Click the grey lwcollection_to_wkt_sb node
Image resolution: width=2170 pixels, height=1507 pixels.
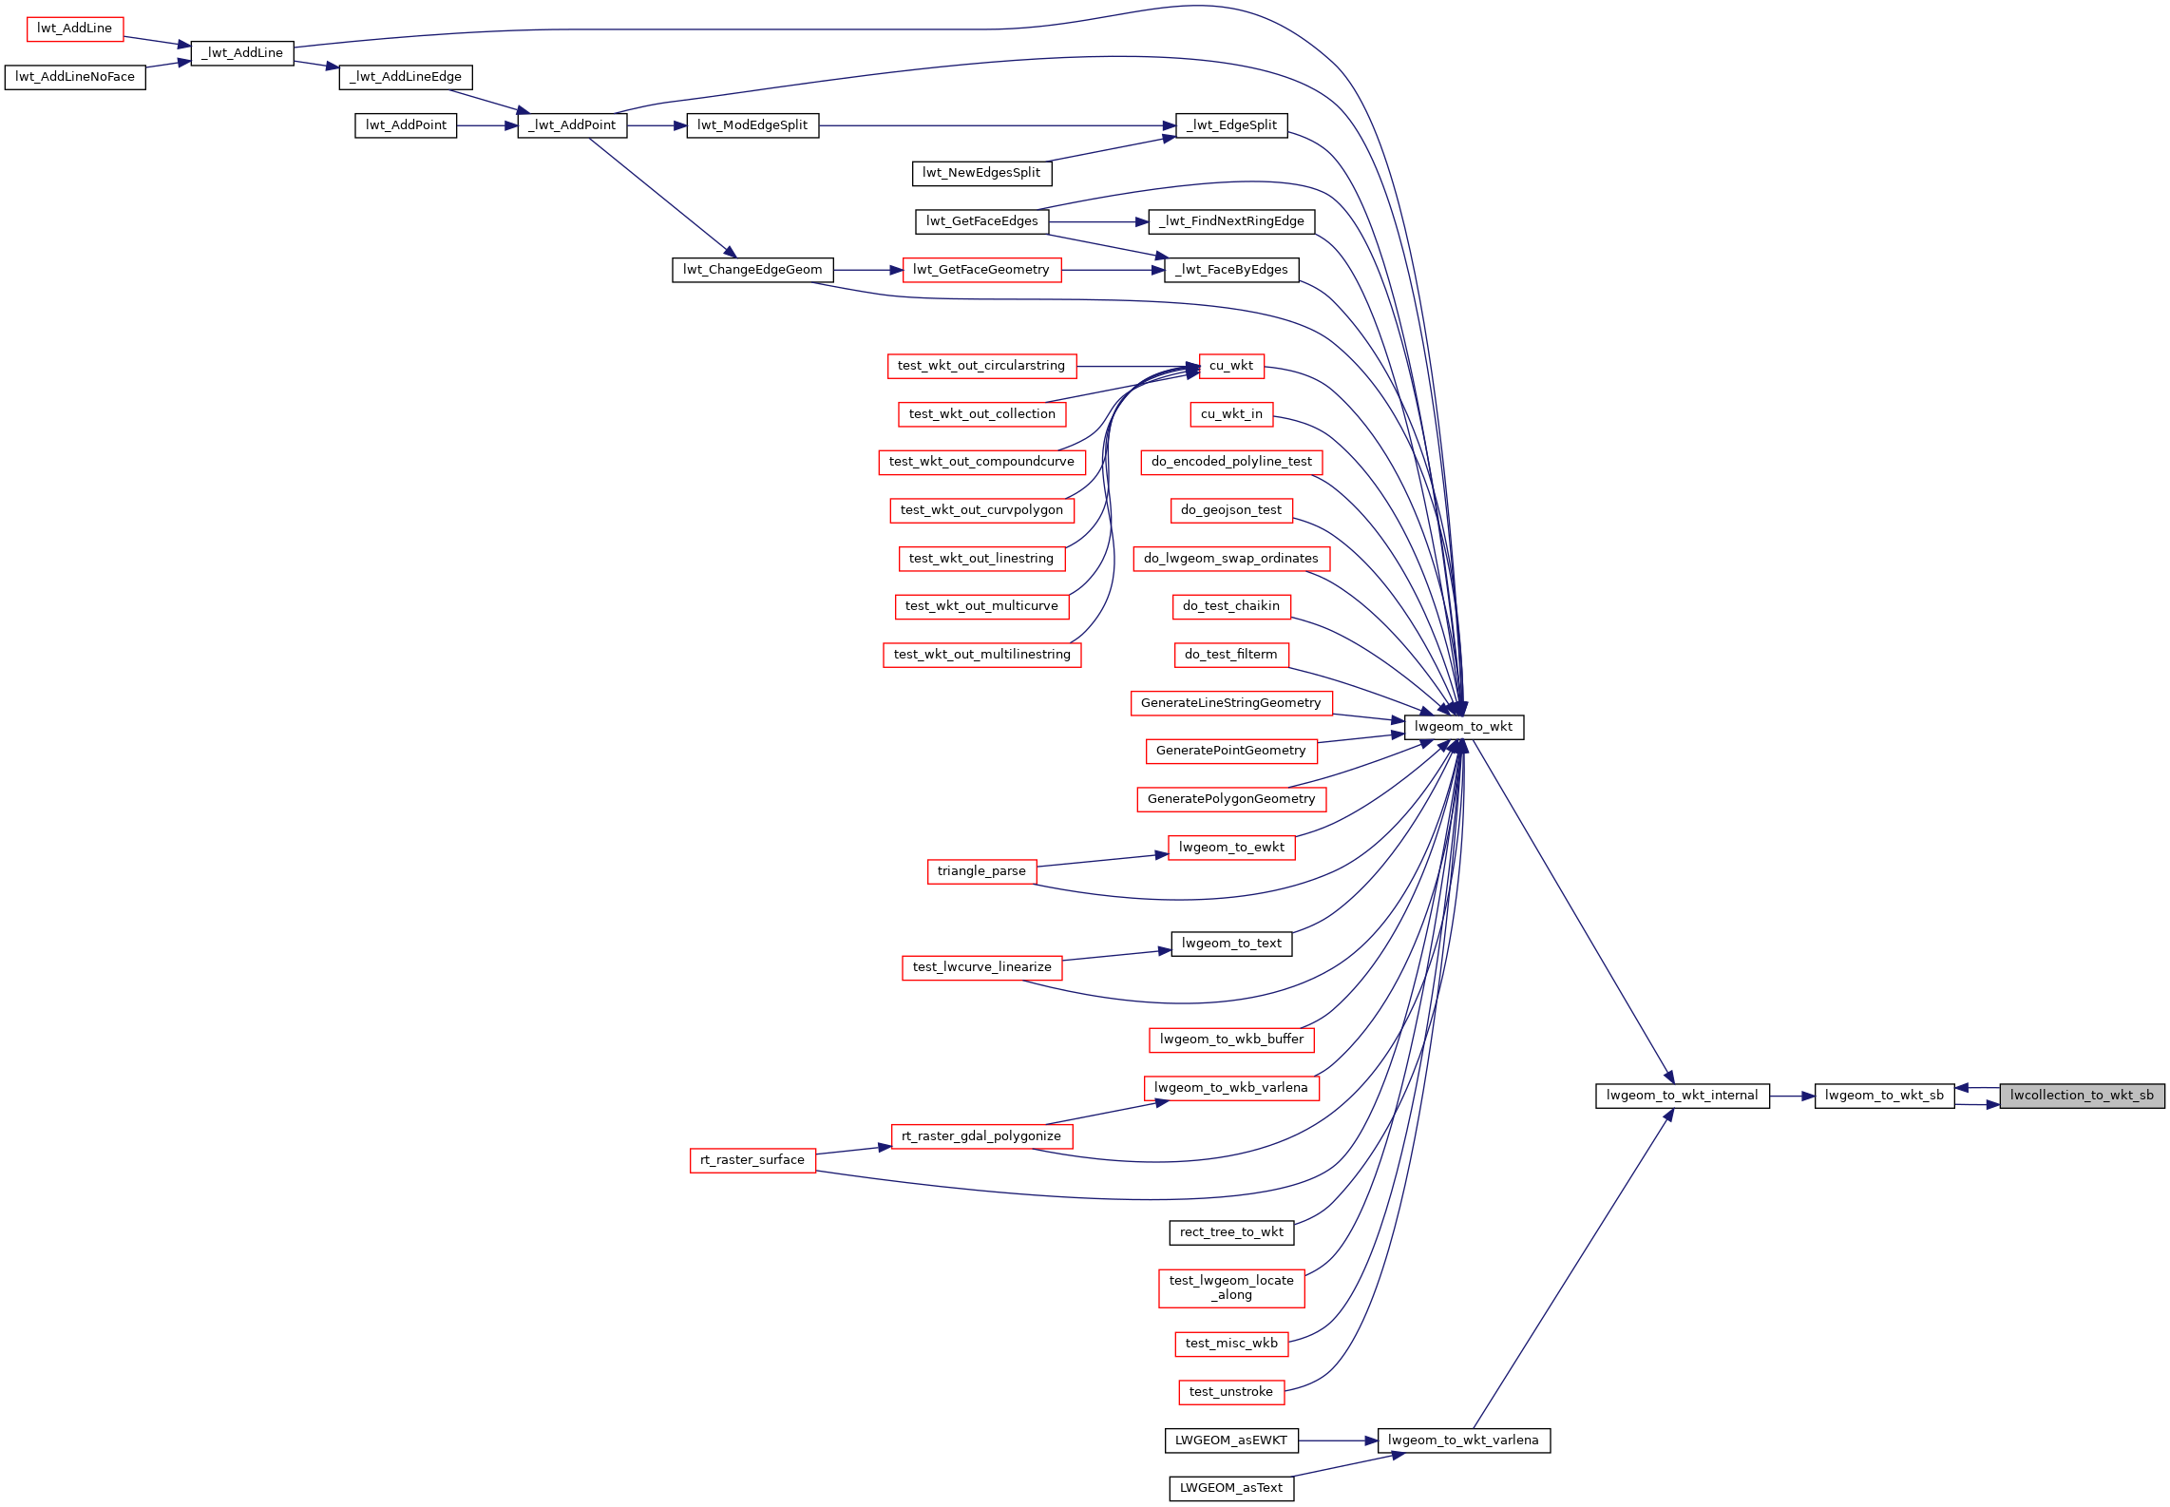click(2082, 1096)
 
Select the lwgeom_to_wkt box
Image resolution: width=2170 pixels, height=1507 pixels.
click(1463, 727)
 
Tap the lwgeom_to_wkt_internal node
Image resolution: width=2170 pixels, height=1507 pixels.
click(1682, 1096)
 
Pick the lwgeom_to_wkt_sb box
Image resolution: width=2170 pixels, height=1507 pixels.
click(1884, 1096)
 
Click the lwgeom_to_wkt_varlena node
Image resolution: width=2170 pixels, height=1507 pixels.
click(1463, 1440)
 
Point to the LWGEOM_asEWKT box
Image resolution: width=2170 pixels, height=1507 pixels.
click(1231, 1440)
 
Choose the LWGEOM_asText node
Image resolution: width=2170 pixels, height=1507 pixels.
click(1231, 1488)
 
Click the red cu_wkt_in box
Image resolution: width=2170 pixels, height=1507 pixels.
click(1231, 414)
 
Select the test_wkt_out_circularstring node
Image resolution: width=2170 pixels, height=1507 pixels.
click(981, 366)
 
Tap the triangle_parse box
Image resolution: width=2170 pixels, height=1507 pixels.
click(981, 871)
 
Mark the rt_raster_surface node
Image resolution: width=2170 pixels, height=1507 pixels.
click(752, 1160)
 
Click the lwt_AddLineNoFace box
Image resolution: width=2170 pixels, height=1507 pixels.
click(75, 77)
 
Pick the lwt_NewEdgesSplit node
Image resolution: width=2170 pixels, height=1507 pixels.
click(981, 173)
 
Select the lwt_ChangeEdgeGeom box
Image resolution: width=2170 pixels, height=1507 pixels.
click(752, 270)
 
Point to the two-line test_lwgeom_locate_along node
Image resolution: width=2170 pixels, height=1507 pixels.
click(1231, 1288)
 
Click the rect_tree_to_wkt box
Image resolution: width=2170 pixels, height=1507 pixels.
click(1231, 1232)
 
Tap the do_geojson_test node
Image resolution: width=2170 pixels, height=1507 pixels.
click(1231, 510)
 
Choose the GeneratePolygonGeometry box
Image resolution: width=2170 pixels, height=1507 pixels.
click(1231, 799)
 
